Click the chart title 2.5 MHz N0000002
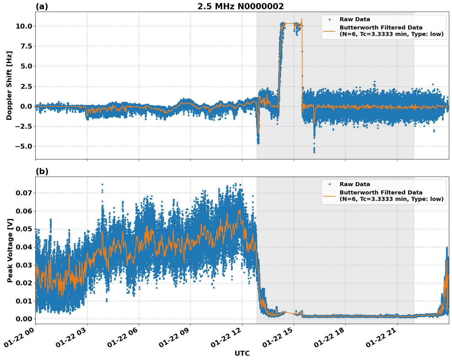(x=240, y=6)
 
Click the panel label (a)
(x=42, y=6)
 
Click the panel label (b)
(x=42, y=171)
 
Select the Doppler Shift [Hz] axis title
(x=9, y=85)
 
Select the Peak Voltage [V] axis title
(x=10, y=250)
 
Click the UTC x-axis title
(x=242, y=353)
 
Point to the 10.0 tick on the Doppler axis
(x=24, y=26)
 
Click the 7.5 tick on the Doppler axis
(x=25, y=46)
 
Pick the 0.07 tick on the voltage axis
(x=24, y=193)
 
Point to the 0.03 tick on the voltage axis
(x=24, y=265)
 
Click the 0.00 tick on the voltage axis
(x=24, y=319)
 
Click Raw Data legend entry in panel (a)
(x=355, y=19)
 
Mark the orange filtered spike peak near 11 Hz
(x=302, y=19)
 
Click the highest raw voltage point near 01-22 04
(x=102, y=185)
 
